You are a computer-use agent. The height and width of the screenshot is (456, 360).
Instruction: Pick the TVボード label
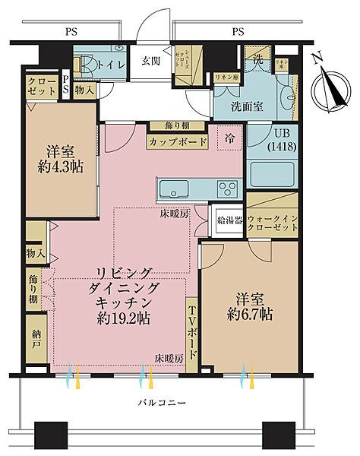coord(191,333)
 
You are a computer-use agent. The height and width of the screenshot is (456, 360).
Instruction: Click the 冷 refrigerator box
coord(229,138)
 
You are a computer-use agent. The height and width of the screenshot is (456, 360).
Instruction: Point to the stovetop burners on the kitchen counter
coord(226,187)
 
